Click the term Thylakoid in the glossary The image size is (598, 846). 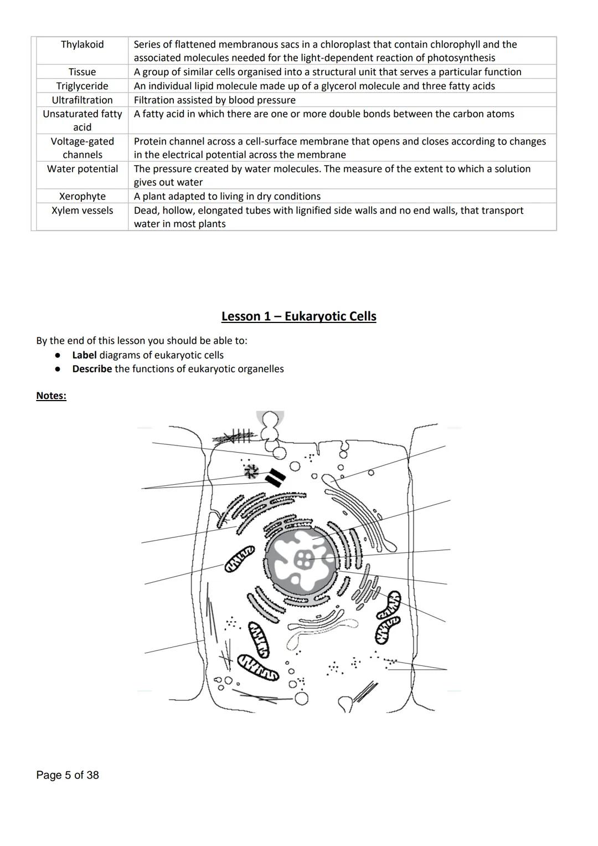tap(82, 44)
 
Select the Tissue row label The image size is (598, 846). tap(82, 72)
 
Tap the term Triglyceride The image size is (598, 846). tap(82, 86)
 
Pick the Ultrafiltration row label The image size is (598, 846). tap(82, 100)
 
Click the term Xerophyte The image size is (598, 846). tap(82, 197)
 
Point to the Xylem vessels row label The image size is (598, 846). tap(82, 211)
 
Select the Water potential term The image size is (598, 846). tap(82, 169)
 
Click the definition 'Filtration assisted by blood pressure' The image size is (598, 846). tap(214, 100)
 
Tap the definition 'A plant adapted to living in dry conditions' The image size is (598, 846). tap(227, 197)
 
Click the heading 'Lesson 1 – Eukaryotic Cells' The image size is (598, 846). tap(298, 316)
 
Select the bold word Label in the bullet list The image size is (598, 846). tap(84, 355)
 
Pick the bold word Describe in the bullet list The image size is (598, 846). tap(92, 369)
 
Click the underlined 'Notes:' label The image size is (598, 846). tap(51, 396)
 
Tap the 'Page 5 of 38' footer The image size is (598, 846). tap(68, 775)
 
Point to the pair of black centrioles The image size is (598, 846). tap(275, 477)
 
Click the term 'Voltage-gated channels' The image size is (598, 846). tap(82, 148)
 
